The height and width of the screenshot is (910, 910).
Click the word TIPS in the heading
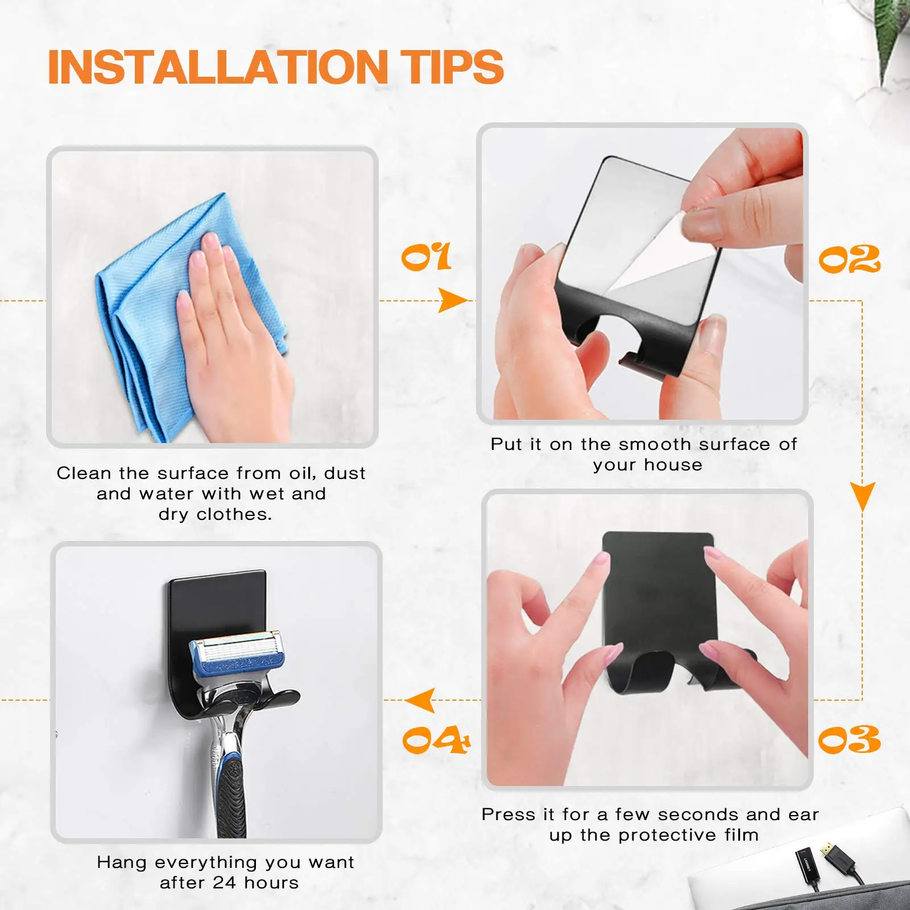[x=453, y=67]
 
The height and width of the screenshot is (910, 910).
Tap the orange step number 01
[x=426, y=258]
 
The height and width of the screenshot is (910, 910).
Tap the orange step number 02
[x=849, y=260]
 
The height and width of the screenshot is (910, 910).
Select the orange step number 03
[x=849, y=740]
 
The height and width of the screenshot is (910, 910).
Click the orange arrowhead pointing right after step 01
[x=452, y=300]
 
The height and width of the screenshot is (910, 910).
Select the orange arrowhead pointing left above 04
[x=421, y=700]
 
